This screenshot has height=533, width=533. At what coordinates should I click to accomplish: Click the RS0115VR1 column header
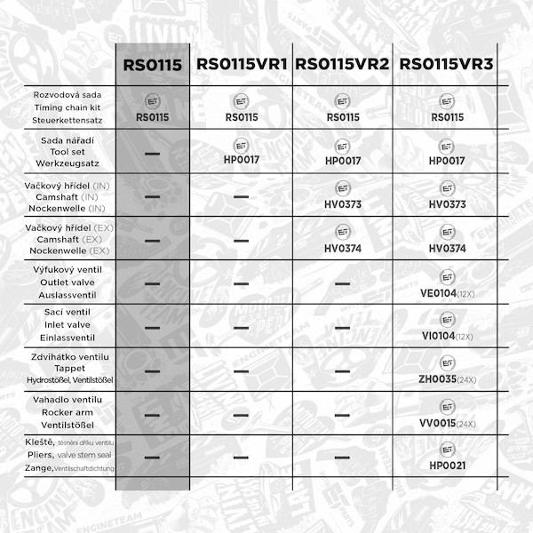(x=241, y=64)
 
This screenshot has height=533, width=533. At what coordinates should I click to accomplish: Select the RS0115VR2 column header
(x=343, y=64)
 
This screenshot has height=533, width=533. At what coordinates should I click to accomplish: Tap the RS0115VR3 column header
(x=447, y=64)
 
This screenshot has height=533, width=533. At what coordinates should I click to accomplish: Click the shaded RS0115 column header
(x=152, y=64)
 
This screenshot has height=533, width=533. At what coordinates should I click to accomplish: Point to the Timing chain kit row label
(x=63, y=107)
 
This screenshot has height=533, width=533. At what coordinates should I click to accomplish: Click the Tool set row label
(x=63, y=153)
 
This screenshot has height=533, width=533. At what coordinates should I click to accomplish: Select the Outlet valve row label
(x=63, y=282)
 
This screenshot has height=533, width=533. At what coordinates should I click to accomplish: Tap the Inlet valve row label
(x=63, y=326)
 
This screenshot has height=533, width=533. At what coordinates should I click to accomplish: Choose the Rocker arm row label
(x=63, y=413)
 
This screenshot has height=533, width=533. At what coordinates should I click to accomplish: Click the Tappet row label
(x=63, y=370)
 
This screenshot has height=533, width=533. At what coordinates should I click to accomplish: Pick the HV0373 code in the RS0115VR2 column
(x=343, y=204)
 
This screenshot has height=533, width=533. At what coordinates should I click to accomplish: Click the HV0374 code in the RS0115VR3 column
(x=447, y=249)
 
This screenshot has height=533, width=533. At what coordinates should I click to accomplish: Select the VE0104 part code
(x=440, y=292)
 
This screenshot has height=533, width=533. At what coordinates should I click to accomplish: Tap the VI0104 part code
(x=440, y=337)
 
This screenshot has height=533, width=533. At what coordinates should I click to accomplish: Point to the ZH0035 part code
(x=440, y=379)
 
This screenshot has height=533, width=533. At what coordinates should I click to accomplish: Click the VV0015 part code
(x=440, y=423)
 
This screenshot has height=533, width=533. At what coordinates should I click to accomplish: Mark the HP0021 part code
(x=447, y=465)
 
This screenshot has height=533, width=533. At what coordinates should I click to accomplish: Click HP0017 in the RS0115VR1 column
(x=241, y=161)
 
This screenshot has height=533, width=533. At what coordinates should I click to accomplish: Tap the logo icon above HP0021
(x=447, y=449)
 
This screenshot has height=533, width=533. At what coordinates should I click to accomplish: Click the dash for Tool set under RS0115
(x=152, y=155)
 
